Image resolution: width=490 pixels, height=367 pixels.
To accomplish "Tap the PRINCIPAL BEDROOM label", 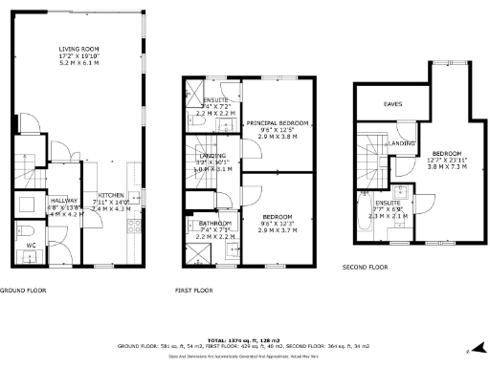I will pos(278,123).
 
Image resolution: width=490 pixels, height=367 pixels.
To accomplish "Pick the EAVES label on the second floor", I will pos(392,103).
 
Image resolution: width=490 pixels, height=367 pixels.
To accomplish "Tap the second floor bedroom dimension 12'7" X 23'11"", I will pos(447,160).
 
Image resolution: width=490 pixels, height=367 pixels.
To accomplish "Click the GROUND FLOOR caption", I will pos(26,289).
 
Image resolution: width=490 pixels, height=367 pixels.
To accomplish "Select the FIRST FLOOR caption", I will pos(193,289).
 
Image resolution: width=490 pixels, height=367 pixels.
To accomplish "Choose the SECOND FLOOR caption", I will pos(365,267).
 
